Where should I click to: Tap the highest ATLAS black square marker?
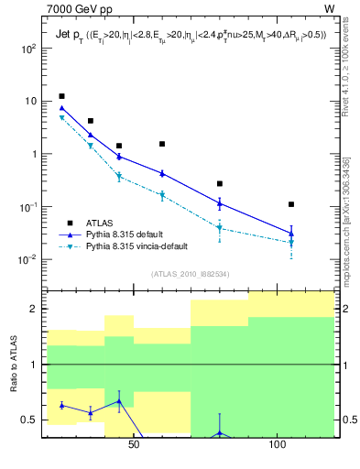pos(61,96)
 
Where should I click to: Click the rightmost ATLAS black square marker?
pos(291,204)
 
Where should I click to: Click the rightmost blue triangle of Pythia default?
pos(291,233)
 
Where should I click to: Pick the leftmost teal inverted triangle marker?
pos(61,118)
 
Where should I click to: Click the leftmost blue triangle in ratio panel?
pos(61,405)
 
